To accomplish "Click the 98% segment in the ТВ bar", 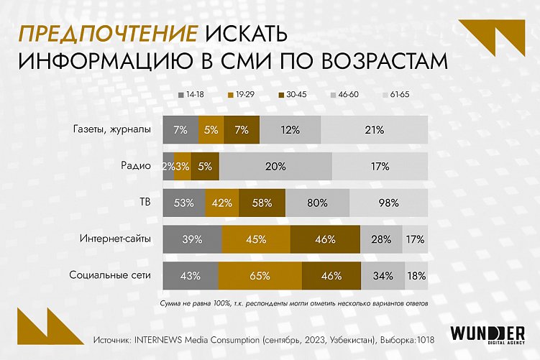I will point(388,203).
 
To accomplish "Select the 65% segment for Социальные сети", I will point(260,275).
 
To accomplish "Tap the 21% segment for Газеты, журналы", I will point(374,130).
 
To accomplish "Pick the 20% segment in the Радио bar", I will point(275,166).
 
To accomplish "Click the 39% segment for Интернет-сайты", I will point(193,239).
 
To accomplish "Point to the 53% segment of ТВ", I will point(184,203).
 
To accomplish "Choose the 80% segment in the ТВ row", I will point(317,203).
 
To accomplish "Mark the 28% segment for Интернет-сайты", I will point(381,239).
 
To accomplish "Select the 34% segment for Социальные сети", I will point(382,275).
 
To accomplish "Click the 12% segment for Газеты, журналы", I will point(290,130).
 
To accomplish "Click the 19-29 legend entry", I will point(240,94).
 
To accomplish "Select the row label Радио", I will point(136,166).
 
